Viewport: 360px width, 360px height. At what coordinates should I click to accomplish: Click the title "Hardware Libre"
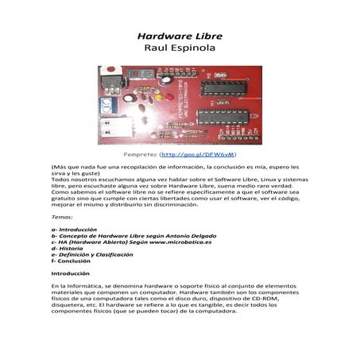click(x=180, y=37)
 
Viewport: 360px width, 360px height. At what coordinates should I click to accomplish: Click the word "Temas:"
click(x=61, y=216)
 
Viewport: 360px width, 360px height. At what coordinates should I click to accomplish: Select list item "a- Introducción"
click(x=73, y=230)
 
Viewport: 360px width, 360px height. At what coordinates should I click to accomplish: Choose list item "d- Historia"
click(x=66, y=249)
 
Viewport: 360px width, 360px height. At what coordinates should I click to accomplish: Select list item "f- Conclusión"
click(x=72, y=261)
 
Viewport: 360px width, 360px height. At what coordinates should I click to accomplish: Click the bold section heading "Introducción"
click(x=72, y=273)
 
